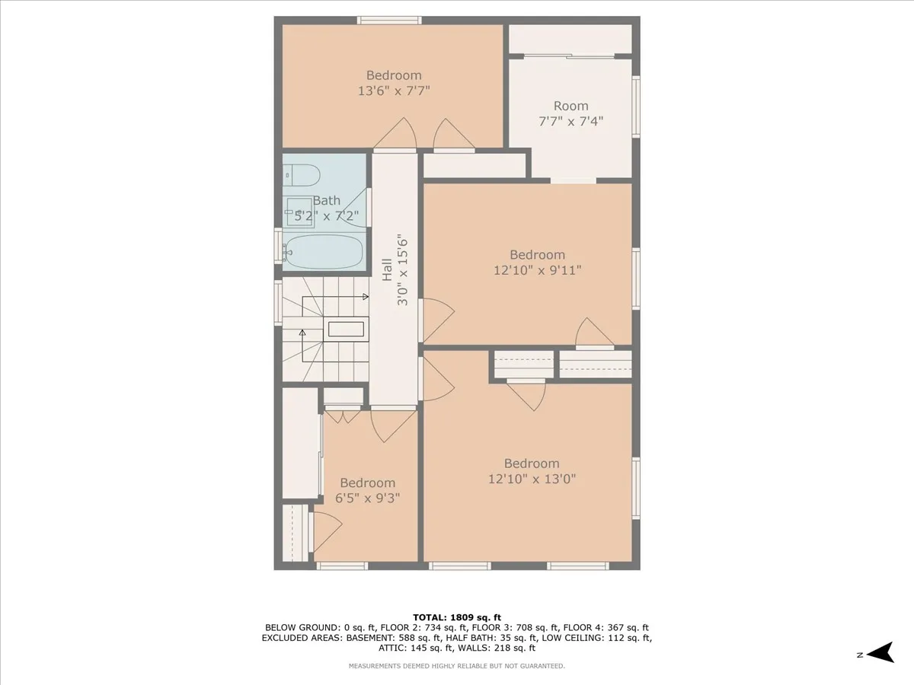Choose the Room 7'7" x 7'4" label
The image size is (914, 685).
click(x=570, y=113)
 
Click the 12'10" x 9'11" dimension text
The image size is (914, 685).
click(x=537, y=269)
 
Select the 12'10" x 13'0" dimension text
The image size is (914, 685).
click(x=531, y=479)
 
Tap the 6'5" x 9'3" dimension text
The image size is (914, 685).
click(x=367, y=499)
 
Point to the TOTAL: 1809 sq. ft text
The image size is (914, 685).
click(x=456, y=617)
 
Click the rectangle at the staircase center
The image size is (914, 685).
click(x=347, y=329)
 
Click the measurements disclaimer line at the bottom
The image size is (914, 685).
click(x=456, y=666)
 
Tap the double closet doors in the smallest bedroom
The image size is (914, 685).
click(x=344, y=416)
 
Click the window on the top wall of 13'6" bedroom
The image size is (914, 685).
click(x=391, y=20)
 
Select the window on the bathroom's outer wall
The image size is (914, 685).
click(x=278, y=246)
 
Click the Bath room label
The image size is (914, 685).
click(x=327, y=201)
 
